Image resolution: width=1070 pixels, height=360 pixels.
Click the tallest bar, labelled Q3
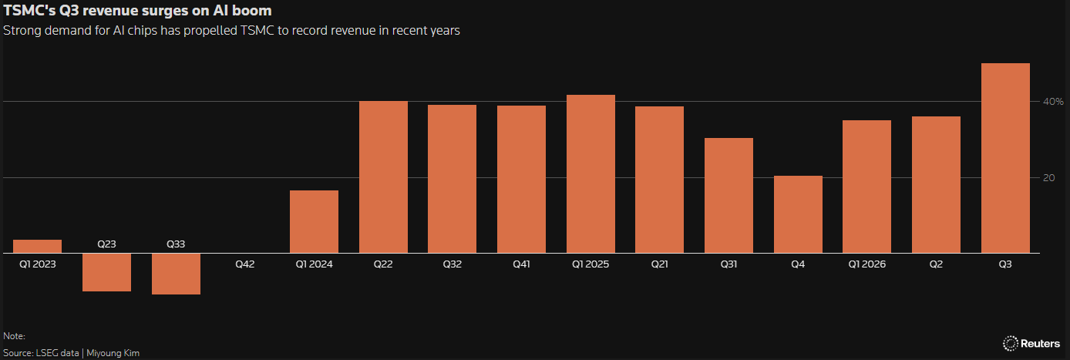point(1005,158)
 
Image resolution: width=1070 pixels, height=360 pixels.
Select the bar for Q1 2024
point(314,221)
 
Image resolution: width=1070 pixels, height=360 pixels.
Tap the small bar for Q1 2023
point(37,247)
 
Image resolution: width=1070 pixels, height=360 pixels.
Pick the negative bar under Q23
point(106,272)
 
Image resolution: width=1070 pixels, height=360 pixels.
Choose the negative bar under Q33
point(176,274)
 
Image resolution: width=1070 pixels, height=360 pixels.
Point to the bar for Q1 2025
point(591,173)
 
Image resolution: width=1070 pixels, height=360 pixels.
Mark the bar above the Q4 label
point(798,214)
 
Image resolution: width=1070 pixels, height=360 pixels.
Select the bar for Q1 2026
point(866,187)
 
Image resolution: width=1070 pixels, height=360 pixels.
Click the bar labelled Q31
point(728,195)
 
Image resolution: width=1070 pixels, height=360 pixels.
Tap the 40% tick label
point(1053,101)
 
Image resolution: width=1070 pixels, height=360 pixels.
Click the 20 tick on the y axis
point(1048,177)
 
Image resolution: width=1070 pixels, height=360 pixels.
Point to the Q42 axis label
point(244,264)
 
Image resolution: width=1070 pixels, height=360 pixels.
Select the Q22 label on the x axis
point(383,264)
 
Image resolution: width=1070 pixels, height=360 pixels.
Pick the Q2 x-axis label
point(936,264)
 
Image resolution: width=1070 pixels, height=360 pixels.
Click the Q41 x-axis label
point(521,264)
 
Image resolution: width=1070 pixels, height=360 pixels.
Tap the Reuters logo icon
point(1011,343)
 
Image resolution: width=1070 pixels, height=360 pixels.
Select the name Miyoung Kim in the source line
point(113,353)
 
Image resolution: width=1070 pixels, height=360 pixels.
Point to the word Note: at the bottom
point(15,336)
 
